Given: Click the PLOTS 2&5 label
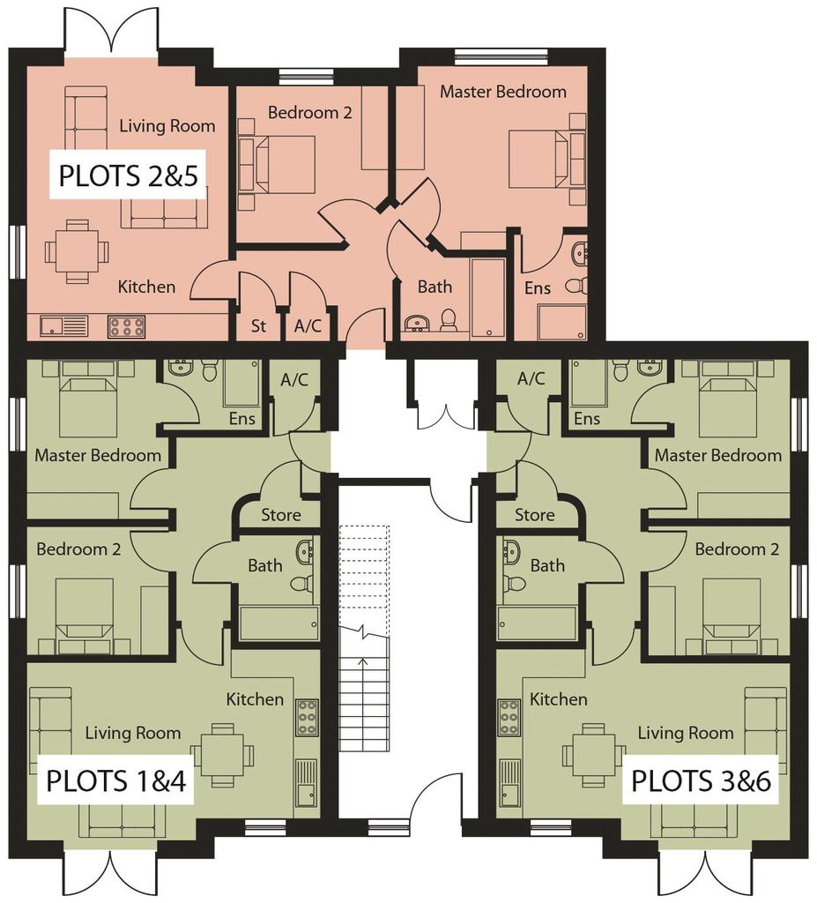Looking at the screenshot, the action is coord(128,175).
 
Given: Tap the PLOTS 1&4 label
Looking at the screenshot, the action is coord(115,781).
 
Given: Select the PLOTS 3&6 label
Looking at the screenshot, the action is coord(702,781).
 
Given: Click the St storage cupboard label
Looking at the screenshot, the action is coord(258,326).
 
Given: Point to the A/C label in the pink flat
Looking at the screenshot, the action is coord(308,326).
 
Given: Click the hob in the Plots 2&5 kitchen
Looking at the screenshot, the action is coord(127,326).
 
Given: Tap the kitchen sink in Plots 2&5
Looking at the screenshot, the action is coord(63,326).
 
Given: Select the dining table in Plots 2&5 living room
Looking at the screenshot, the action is coord(78,251).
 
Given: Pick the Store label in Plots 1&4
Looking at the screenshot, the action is coord(281,515).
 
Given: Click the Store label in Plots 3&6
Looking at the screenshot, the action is coord(535,515).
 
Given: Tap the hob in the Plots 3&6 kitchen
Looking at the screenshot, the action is coord(509,718).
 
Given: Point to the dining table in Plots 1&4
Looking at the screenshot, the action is coord(222,755).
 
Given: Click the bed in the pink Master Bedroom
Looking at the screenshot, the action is coord(538,159).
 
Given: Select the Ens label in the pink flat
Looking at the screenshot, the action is coord(538,288).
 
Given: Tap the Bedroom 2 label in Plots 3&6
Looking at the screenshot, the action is coord(737,549).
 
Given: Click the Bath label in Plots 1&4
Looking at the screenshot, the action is coord(265,565).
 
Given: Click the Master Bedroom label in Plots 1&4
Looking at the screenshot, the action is coord(98,456).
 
